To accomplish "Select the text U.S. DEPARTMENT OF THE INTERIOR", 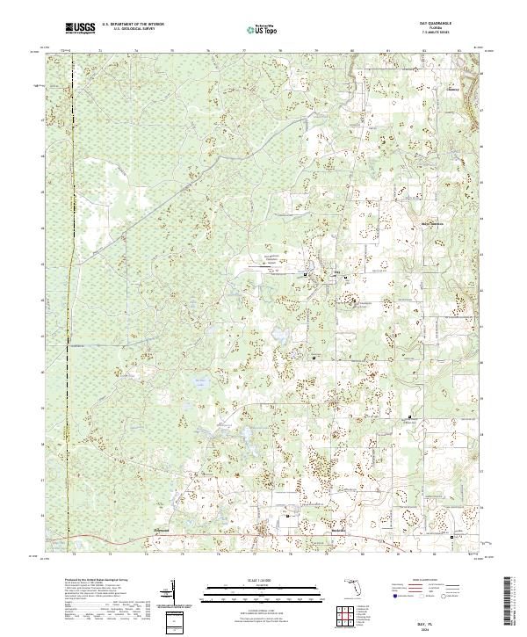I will [x=133, y=25].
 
